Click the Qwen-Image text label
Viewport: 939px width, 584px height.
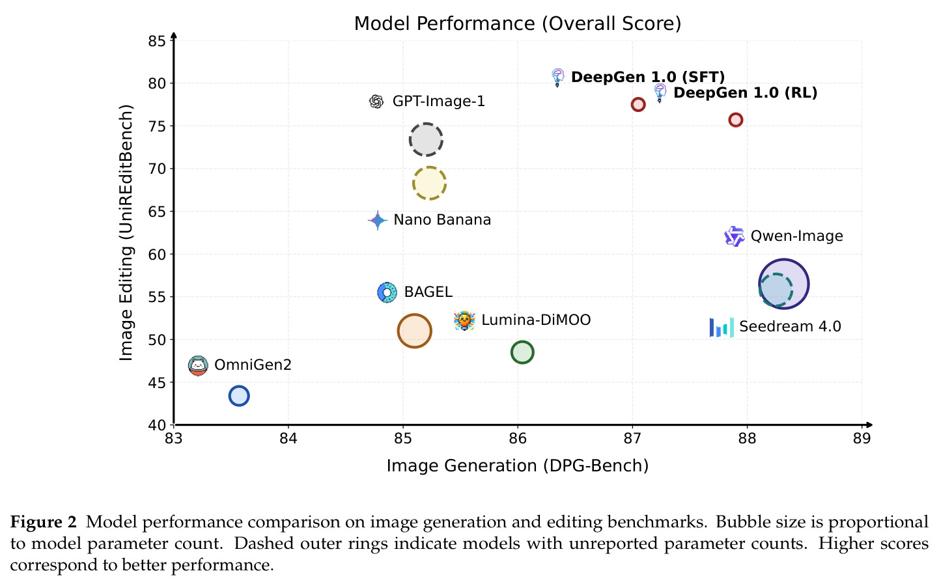796,236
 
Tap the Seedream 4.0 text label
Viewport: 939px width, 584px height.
790,327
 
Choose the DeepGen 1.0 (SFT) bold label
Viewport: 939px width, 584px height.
648,77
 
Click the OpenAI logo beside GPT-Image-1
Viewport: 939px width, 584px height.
376,102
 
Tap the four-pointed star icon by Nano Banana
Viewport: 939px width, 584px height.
377,220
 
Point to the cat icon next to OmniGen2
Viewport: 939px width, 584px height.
198,366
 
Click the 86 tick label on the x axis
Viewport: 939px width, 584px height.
518,439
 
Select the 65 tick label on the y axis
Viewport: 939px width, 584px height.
157,212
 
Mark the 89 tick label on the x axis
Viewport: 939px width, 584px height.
862,439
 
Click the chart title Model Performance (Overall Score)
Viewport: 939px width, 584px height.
518,23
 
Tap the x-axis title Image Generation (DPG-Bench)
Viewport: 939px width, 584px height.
518,466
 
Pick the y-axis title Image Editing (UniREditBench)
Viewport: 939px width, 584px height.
126,232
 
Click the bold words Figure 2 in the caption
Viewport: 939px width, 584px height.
44,522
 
